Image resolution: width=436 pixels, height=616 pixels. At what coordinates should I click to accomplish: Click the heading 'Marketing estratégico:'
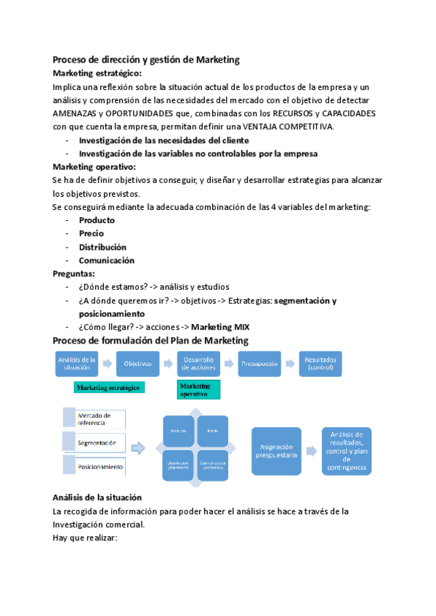[x=97, y=73]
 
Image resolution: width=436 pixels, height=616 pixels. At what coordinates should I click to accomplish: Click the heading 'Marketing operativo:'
[x=94, y=167]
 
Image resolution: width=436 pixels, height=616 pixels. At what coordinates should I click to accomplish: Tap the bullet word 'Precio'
[x=91, y=234]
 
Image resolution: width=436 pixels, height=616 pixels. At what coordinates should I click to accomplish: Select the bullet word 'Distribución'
[x=102, y=247]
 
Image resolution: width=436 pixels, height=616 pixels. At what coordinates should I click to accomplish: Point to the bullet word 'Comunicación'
[x=106, y=261]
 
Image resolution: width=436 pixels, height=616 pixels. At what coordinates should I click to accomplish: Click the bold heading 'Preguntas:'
[x=73, y=274]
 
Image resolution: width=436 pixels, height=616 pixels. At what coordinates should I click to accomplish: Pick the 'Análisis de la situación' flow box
[x=77, y=363]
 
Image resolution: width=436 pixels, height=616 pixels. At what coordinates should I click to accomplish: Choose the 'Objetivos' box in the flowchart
[x=138, y=363]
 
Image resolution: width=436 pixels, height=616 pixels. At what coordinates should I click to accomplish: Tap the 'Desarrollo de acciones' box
[x=198, y=363]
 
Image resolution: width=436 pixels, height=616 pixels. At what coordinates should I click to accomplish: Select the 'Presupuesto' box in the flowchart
[x=259, y=363]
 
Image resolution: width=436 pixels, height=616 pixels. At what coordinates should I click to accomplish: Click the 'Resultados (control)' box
[x=320, y=363]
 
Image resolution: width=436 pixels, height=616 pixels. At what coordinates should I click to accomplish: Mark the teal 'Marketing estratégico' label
[x=109, y=388]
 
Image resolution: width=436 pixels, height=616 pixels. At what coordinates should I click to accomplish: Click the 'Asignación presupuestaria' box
[x=275, y=452]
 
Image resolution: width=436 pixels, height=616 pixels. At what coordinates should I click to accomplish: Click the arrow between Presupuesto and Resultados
[x=290, y=363]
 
